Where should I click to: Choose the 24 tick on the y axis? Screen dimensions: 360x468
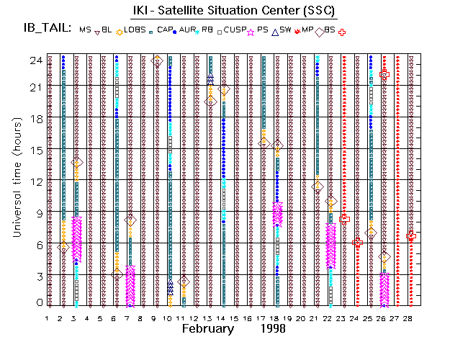click(34, 60)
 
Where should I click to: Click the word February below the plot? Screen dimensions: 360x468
click(207, 329)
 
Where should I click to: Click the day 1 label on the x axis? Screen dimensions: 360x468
click(48, 318)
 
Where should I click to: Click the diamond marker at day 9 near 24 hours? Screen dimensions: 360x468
click(158, 61)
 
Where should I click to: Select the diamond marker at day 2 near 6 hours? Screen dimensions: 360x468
click(63, 247)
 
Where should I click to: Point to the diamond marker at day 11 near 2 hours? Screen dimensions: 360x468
click(184, 282)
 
